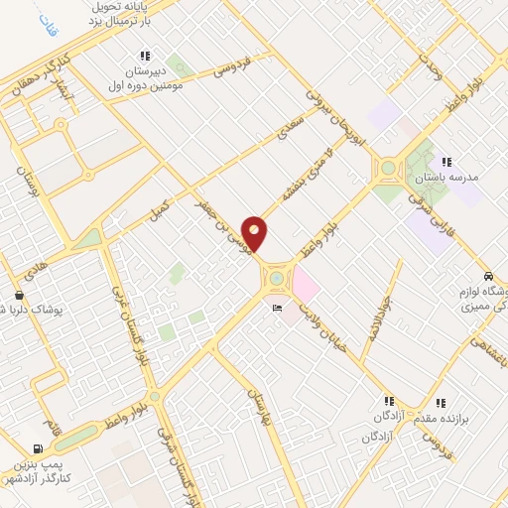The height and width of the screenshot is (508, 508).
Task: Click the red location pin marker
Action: [x=254, y=233]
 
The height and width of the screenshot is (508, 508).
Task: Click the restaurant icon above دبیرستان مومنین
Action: [x=145, y=56]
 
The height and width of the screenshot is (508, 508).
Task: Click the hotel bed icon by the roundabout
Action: [x=277, y=311]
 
